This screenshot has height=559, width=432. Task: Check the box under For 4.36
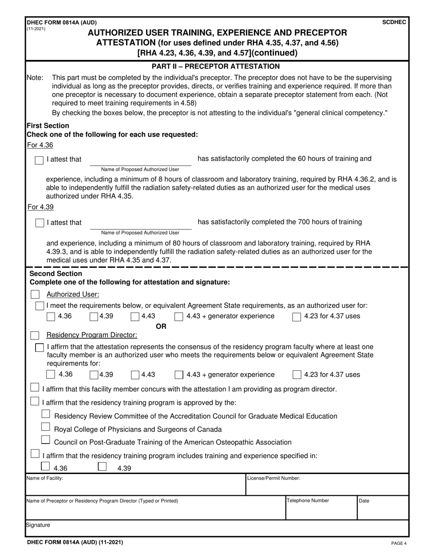(x=39, y=160)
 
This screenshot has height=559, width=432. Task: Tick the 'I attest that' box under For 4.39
(x=39, y=223)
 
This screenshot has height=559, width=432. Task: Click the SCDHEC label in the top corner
(x=395, y=22)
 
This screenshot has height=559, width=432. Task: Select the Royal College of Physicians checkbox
(x=45, y=427)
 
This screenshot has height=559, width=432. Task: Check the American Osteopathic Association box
(x=45, y=440)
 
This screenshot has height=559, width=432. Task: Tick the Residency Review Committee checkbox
(x=45, y=414)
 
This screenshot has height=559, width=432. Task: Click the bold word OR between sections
(x=161, y=326)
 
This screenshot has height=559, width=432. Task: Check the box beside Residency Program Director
(x=35, y=335)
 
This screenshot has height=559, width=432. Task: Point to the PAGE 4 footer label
(x=399, y=543)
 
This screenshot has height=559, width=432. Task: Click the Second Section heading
(x=55, y=274)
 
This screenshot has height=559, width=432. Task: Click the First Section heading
(x=48, y=125)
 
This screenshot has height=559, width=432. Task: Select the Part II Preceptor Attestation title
(x=216, y=66)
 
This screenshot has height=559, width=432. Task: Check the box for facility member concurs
(x=35, y=388)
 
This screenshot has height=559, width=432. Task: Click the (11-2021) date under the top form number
(x=36, y=28)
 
